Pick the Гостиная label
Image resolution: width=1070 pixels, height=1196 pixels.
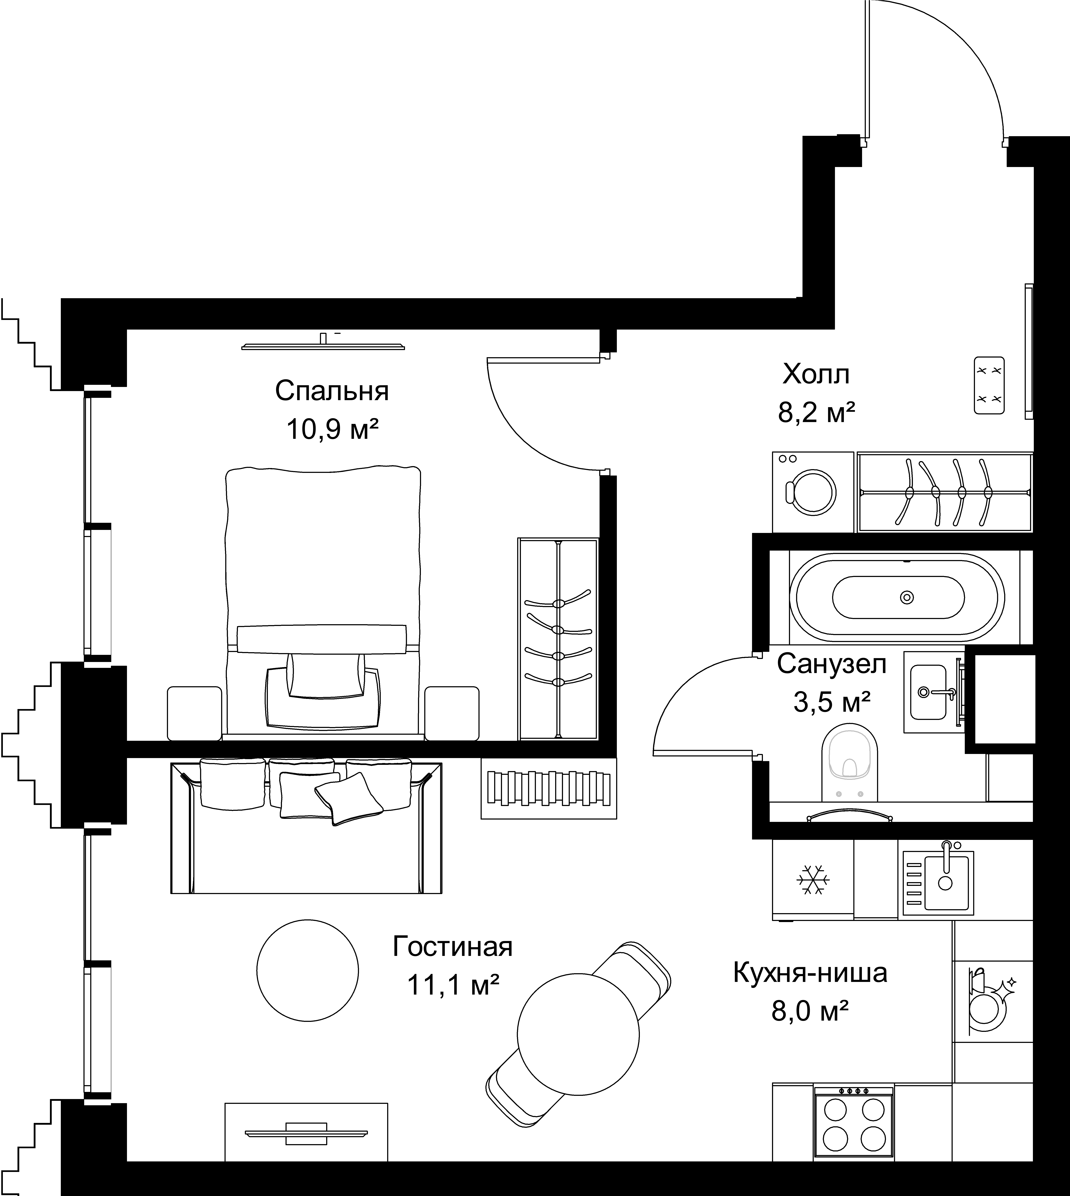[x=453, y=947]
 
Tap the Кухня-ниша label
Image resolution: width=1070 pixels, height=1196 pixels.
[x=810, y=973]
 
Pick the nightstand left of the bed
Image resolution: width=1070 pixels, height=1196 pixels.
[x=195, y=713]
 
